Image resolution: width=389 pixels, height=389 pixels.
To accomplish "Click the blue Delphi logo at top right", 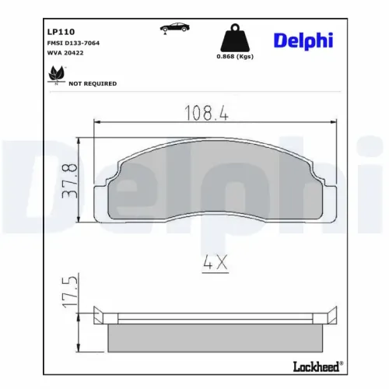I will coord(302,40).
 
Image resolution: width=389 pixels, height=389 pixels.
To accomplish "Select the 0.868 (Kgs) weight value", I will coord(233,56).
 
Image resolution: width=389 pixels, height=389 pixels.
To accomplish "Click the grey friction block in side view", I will coord(214,335).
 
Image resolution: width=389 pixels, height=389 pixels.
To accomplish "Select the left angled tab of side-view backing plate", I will coord(99,315).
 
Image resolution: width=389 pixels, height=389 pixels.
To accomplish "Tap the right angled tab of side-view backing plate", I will coord(330,315).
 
